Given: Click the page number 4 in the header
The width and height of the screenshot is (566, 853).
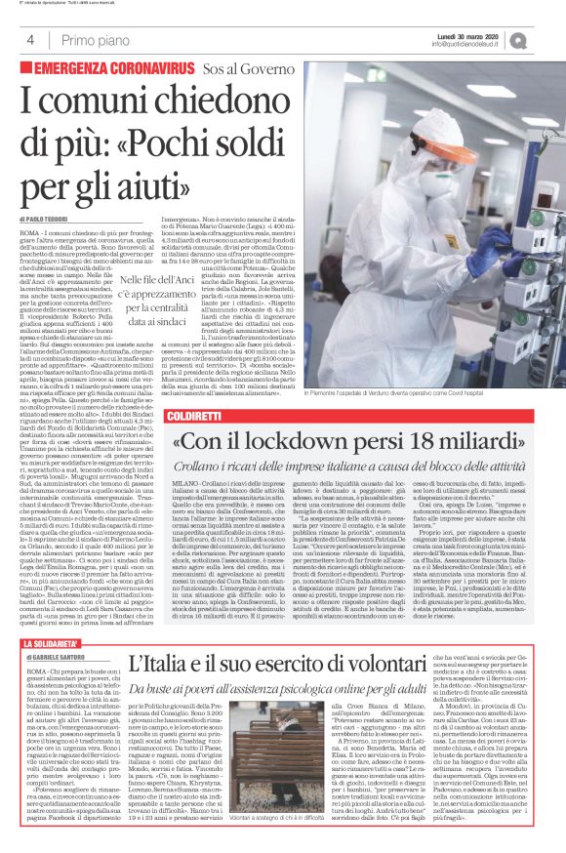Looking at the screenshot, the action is tap(30, 40).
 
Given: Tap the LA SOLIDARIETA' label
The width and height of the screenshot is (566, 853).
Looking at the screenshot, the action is tap(60, 616).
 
